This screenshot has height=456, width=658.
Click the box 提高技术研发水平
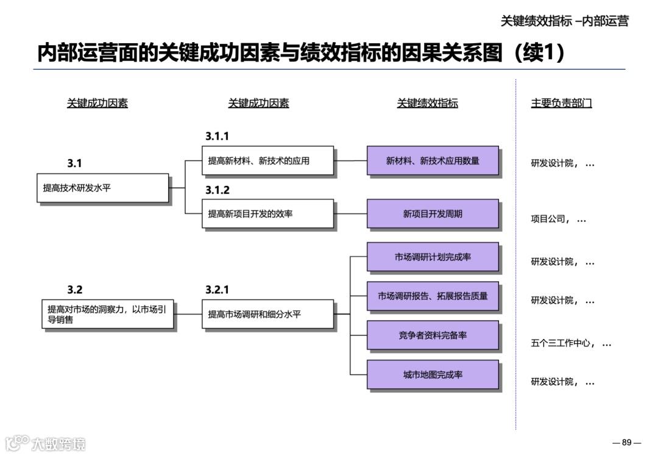coord(102,188)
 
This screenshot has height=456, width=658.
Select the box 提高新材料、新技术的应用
coord(267,160)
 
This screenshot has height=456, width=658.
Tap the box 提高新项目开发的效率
coord(267,213)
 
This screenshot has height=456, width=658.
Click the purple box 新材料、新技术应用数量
coord(433,160)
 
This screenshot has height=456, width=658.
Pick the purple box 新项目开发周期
coord(433,213)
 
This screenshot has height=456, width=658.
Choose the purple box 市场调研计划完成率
coord(433,257)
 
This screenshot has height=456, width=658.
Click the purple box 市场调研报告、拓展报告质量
coord(433,296)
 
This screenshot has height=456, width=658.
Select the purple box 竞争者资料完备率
coord(433,335)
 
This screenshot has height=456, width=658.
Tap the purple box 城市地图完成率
coord(433,374)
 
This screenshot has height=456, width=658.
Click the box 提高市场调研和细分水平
coord(267,314)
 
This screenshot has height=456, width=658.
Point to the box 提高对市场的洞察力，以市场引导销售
coord(107,314)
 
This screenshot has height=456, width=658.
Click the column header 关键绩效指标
coord(427,104)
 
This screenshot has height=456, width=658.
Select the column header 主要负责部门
coord(561,104)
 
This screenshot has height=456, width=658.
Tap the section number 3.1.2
coord(218,190)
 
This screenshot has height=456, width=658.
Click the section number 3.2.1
coord(218,290)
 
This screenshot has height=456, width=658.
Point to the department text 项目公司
coord(549,219)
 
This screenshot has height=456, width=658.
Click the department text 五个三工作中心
coord(561,343)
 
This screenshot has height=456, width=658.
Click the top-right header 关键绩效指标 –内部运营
coord(564,21)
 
